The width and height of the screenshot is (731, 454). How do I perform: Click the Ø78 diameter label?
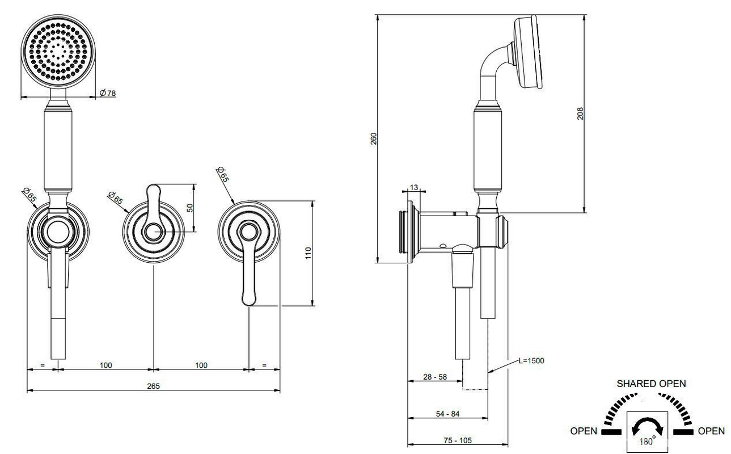[x=108, y=93]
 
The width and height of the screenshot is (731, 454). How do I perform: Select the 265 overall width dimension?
[x=153, y=386]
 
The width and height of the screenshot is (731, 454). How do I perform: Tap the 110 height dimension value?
[x=309, y=253]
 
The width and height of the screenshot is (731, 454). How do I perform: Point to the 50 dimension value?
[x=190, y=208]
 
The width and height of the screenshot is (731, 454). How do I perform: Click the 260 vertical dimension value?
[x=374, y=138]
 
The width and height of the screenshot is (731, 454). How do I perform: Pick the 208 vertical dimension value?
[x=580, y=113]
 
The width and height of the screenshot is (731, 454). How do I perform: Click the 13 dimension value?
[x=414, y=187]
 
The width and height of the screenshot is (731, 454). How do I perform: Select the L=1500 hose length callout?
[x=531, y=360]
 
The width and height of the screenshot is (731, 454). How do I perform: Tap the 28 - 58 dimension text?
[x=435, y=377]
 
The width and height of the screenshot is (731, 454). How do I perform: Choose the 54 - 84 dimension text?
[x=448, y=414]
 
